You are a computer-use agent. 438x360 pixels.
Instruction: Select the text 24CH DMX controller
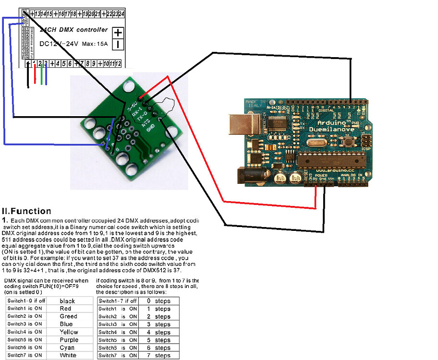[x=73, y=30]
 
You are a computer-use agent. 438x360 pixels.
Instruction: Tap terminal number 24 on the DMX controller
[x=122, y=13]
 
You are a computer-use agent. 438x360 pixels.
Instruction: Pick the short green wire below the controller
[x=42, y=75]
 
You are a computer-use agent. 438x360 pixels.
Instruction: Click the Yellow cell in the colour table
[x=69, y=332]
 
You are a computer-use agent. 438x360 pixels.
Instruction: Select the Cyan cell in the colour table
[x=67, y=348]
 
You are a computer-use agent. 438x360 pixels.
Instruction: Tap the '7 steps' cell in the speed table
[x=158, y=356]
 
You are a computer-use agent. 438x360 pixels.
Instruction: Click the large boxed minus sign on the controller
[x=118, y=45]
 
